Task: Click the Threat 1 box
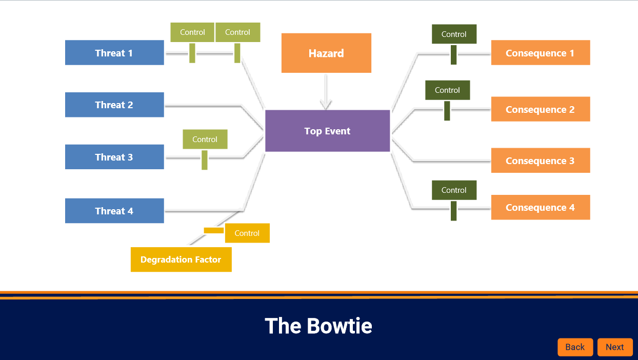[114, 53]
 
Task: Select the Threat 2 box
[114, 105]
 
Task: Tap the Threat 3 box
[114, 157]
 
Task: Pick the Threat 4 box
[114, 211]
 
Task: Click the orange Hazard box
[326, 53]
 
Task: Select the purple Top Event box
[327, 131]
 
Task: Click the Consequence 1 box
[540, 53]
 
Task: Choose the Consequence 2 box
[540, 109]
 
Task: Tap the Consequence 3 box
[540, 161]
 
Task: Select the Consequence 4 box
[540, 207]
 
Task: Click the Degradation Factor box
[181, 259]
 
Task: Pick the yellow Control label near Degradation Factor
[247, 233]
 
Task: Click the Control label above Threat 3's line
[205, 139]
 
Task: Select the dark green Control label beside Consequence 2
[447, 90]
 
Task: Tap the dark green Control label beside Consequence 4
[454, 190]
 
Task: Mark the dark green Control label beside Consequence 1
[454, 34]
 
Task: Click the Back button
[575, 347]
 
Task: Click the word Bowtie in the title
[340, 326]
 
